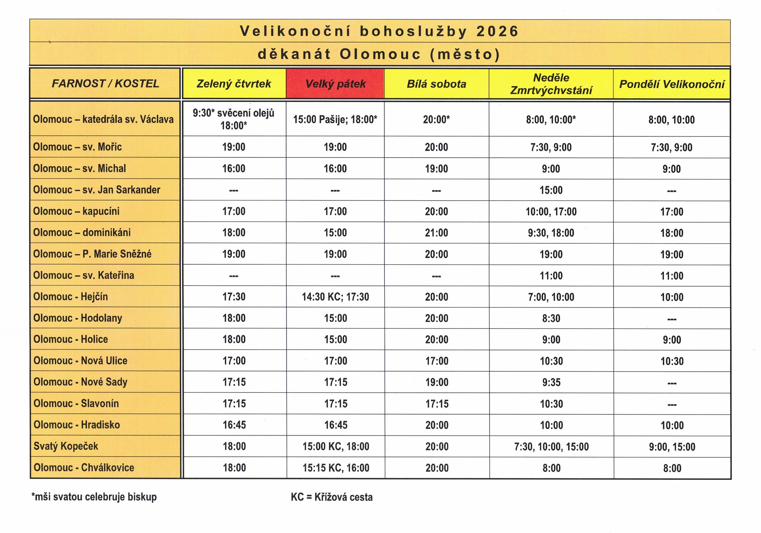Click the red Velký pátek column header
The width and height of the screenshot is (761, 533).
[335, 84]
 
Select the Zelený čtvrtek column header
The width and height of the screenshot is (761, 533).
[234, 84]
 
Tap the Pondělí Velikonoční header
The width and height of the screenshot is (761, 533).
[671, 84]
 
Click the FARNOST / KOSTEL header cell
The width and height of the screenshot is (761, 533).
[105, 83]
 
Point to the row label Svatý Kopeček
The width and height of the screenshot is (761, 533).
[66, 446]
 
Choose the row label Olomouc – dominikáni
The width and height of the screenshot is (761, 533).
[82, 233]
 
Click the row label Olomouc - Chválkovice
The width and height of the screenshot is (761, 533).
[84, 468]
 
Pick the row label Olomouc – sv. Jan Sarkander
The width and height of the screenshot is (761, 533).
[96, 190]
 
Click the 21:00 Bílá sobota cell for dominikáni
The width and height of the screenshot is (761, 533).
[436, 233]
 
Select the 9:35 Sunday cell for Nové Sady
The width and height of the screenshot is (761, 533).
[551, 382]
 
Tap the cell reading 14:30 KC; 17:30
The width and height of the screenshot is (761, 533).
[335, 297]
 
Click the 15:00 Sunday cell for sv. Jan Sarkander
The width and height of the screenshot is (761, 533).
[551, 190]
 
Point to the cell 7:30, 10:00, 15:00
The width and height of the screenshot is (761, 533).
[551, 447]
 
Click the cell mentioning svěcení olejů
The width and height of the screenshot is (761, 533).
[234, 119]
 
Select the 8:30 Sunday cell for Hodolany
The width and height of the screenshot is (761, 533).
[551, 318]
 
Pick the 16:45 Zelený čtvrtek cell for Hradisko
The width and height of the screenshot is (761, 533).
[234, 425]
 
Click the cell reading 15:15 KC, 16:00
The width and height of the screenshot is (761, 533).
[336, 468]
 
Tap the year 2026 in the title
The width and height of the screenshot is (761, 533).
[497, 31]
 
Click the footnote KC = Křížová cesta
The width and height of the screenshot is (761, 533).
[332, 497]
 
